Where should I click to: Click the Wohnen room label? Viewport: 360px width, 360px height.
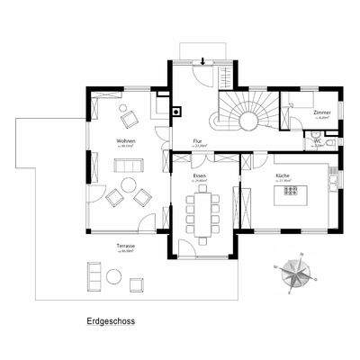125,142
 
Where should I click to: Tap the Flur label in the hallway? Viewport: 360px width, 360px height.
199,142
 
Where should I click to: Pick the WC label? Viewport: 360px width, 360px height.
318,141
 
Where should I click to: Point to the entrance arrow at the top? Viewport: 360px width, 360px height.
203,60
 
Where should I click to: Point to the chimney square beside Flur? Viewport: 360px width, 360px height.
175,112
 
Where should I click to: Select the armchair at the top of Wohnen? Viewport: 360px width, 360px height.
130,116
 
